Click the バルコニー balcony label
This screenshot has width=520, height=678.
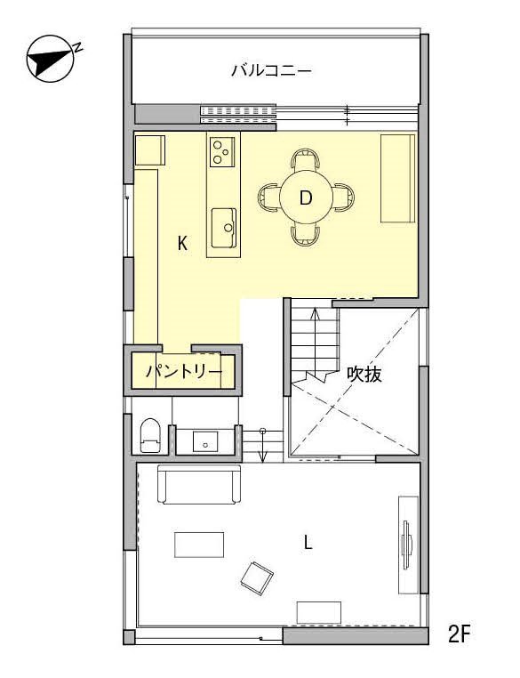tap(271, 70)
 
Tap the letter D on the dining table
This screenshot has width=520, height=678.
tap(306, 198)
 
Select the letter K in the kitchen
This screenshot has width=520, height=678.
tap(182, 243)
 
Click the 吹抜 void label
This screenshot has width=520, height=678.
tap(364, 375)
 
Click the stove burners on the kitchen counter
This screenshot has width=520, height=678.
tap(222, 152)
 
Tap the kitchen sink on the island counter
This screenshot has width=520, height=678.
tap(223, 227)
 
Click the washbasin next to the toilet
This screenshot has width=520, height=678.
tap(205, 440)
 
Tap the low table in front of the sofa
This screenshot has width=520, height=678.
tap(199, 544)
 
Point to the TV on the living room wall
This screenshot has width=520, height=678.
tap(408, 543)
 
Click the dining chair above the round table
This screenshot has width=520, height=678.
tap(305, 161)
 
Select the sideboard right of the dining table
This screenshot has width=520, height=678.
tap(397, 178)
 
